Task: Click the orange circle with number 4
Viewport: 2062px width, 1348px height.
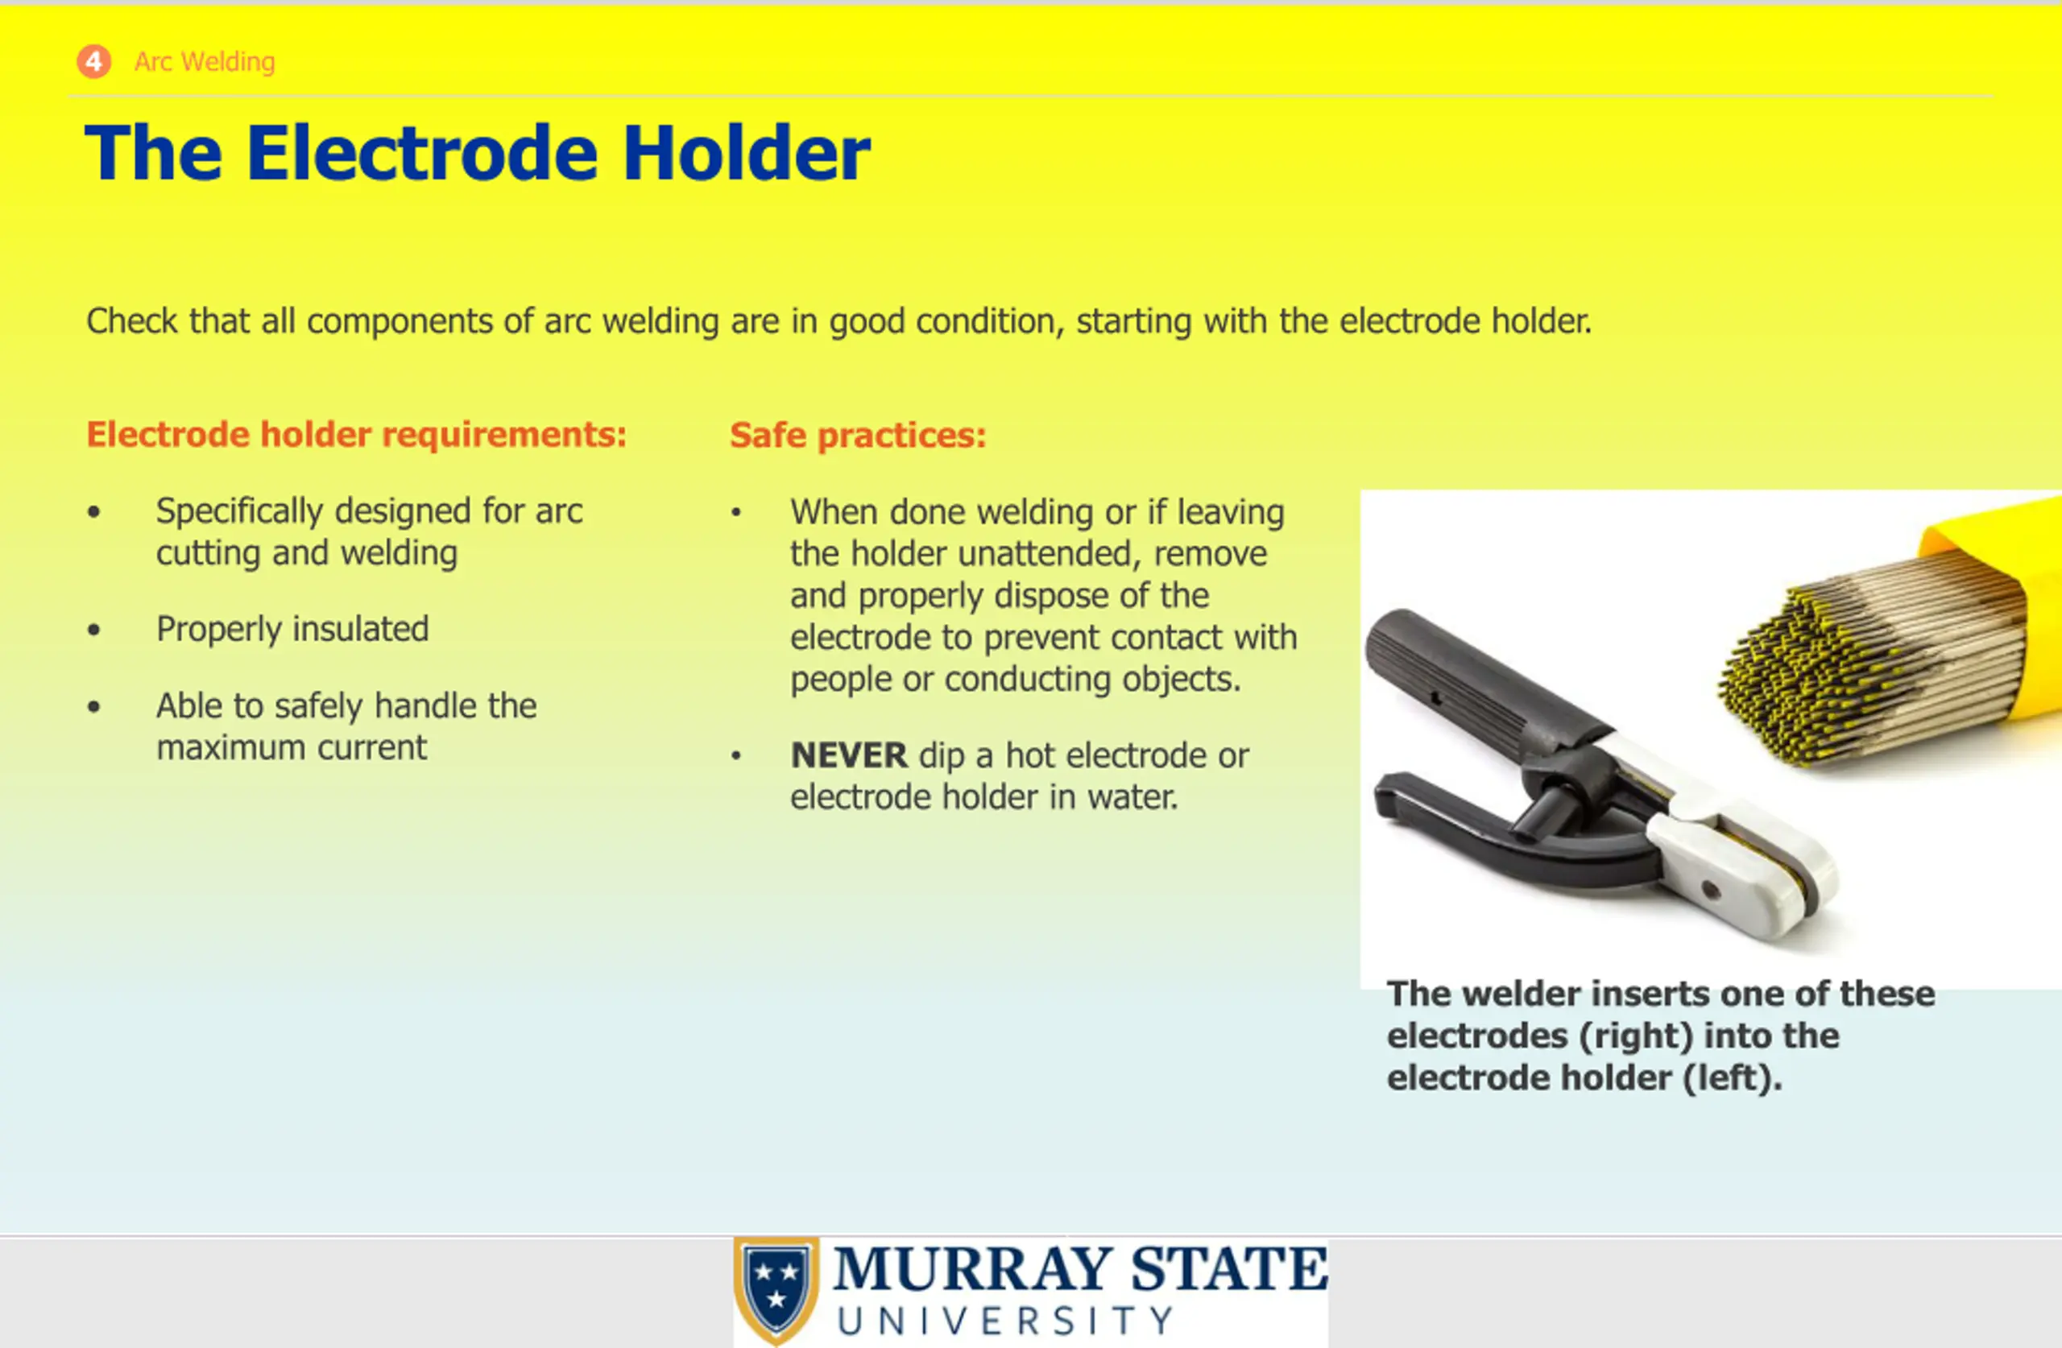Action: (x=93, y=61)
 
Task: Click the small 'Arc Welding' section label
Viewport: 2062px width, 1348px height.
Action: (x=205, y=61)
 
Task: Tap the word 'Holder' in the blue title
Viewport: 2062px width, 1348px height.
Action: (x=746, y=153)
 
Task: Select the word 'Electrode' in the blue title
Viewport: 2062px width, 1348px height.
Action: (x=422, y=153)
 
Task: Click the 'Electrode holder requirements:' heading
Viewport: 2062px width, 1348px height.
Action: (x=356, y=434)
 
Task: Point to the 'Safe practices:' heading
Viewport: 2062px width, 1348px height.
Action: (x=858, y=435)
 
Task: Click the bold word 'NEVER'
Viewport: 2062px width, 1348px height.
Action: (x=849, y=755)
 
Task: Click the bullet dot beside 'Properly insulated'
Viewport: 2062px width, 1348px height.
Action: (x=93, y=630)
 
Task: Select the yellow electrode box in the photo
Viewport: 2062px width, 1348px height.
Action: (x=1993, y=598)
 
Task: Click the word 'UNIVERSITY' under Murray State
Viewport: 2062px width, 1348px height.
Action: (x=1005, y=1321)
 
